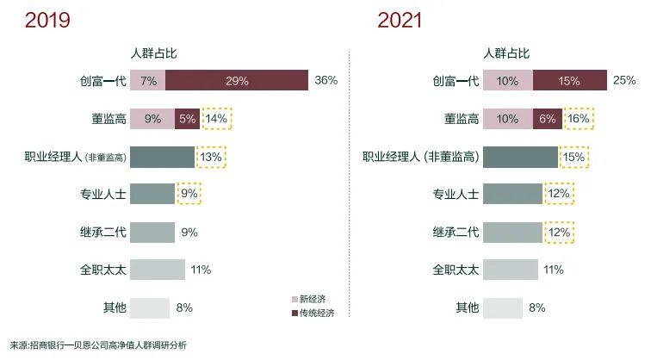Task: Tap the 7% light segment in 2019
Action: pyautogui.click(x=147, y=81)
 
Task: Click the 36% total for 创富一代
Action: pyautogui.click(x=325, y=81)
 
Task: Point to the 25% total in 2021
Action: pyautogui.click(x=624, y=81)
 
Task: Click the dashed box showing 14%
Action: pyautogui.click(x=216, y=119)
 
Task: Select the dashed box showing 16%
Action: pyautogui.click(x=579, y=119)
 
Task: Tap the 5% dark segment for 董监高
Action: pyautogui.click(x=187, y=119)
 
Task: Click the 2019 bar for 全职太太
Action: pyautogui.click(x=158, y=270)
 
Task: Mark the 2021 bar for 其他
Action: pyautogui.click(x=503, y=307)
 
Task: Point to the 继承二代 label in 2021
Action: pyautogui.click(x=455, y=232)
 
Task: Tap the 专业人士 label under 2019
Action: pyautogui.click(x=103, y=194)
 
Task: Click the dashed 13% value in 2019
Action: pyautogui.click(x=211, y=157)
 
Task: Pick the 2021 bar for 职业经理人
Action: pyautogui.click(x=520, y=157)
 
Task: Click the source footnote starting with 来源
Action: pyautogui.click(x=99, y=344)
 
